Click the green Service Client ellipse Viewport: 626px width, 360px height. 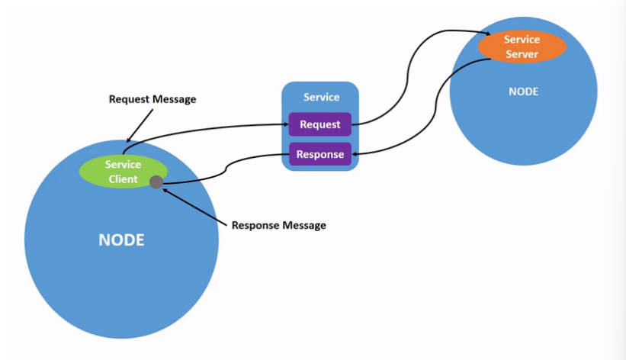coord(123,172)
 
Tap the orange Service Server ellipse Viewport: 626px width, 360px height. coord(522,47)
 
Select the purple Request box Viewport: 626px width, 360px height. coord(319,124)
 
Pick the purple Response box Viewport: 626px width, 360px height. coord(319,154)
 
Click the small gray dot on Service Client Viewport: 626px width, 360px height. coord(156,182)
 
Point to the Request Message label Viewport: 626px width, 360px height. coord(152,99)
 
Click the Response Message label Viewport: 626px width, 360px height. coord(278,225)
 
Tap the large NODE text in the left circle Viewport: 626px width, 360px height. coord(121,239)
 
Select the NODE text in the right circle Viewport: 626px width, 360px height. coord(523,92)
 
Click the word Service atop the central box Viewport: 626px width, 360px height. coord(321,97)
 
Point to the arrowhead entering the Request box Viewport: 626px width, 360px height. coord(286,124)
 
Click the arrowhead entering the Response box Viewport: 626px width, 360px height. coord(355,154)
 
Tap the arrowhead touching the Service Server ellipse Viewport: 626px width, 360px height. coord(487,34)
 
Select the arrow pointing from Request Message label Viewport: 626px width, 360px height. coord(140,125)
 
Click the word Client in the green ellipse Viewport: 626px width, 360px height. coord(123,179)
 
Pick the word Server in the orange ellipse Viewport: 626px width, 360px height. coord(522,54)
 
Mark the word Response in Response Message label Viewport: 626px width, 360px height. coord(255,226)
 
